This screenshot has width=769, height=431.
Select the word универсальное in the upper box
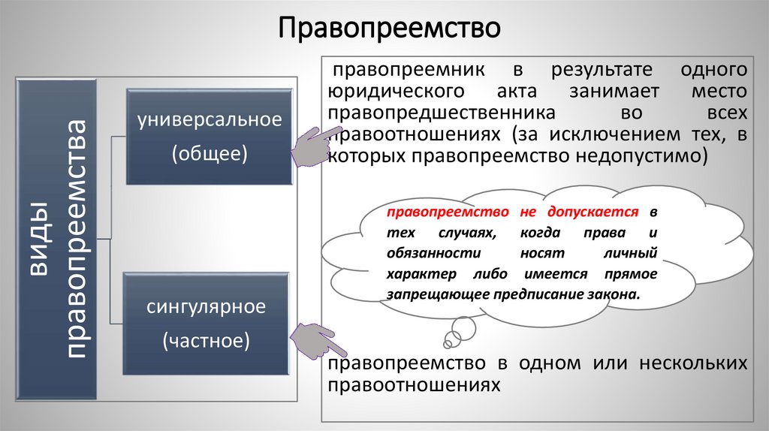[x=209, y=119]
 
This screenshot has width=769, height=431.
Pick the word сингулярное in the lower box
[x=207, y=306]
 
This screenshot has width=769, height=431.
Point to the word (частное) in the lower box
[x=207, y=341]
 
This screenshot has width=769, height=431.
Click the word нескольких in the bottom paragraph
[x=692, y=363]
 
